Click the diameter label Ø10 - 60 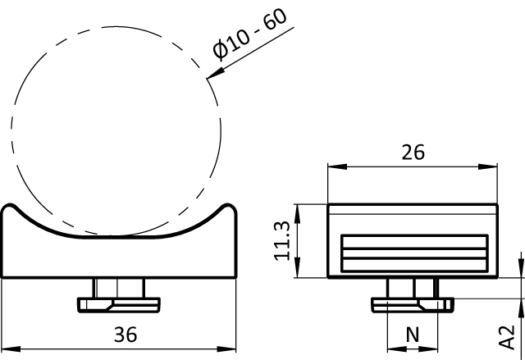[x=249, y=34]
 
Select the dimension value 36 [x=126, y=335]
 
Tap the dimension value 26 [x=413, y=152]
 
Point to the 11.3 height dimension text [x=281, y=240]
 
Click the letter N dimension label [x=413, y=335]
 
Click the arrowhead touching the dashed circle [x=215, y=74]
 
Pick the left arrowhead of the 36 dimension [x=11, y=349]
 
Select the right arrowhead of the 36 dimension [x=226, y=349]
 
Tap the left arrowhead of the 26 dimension [x=337, y=166]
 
